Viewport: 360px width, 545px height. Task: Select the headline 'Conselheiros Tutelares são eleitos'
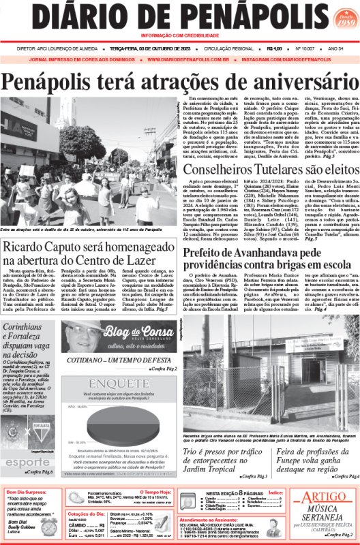click(270, 171)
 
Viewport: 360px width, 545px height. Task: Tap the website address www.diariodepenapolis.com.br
click(181, 59)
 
